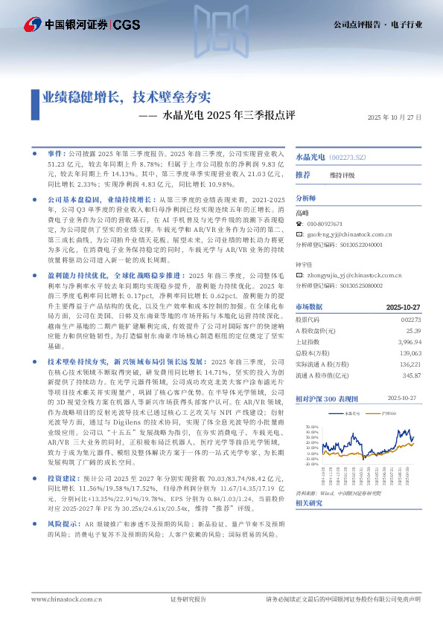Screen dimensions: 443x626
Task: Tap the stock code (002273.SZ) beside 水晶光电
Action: point(348,158)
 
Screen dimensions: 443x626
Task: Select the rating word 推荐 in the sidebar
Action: point(303,175)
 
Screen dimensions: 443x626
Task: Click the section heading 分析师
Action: point(306,199)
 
